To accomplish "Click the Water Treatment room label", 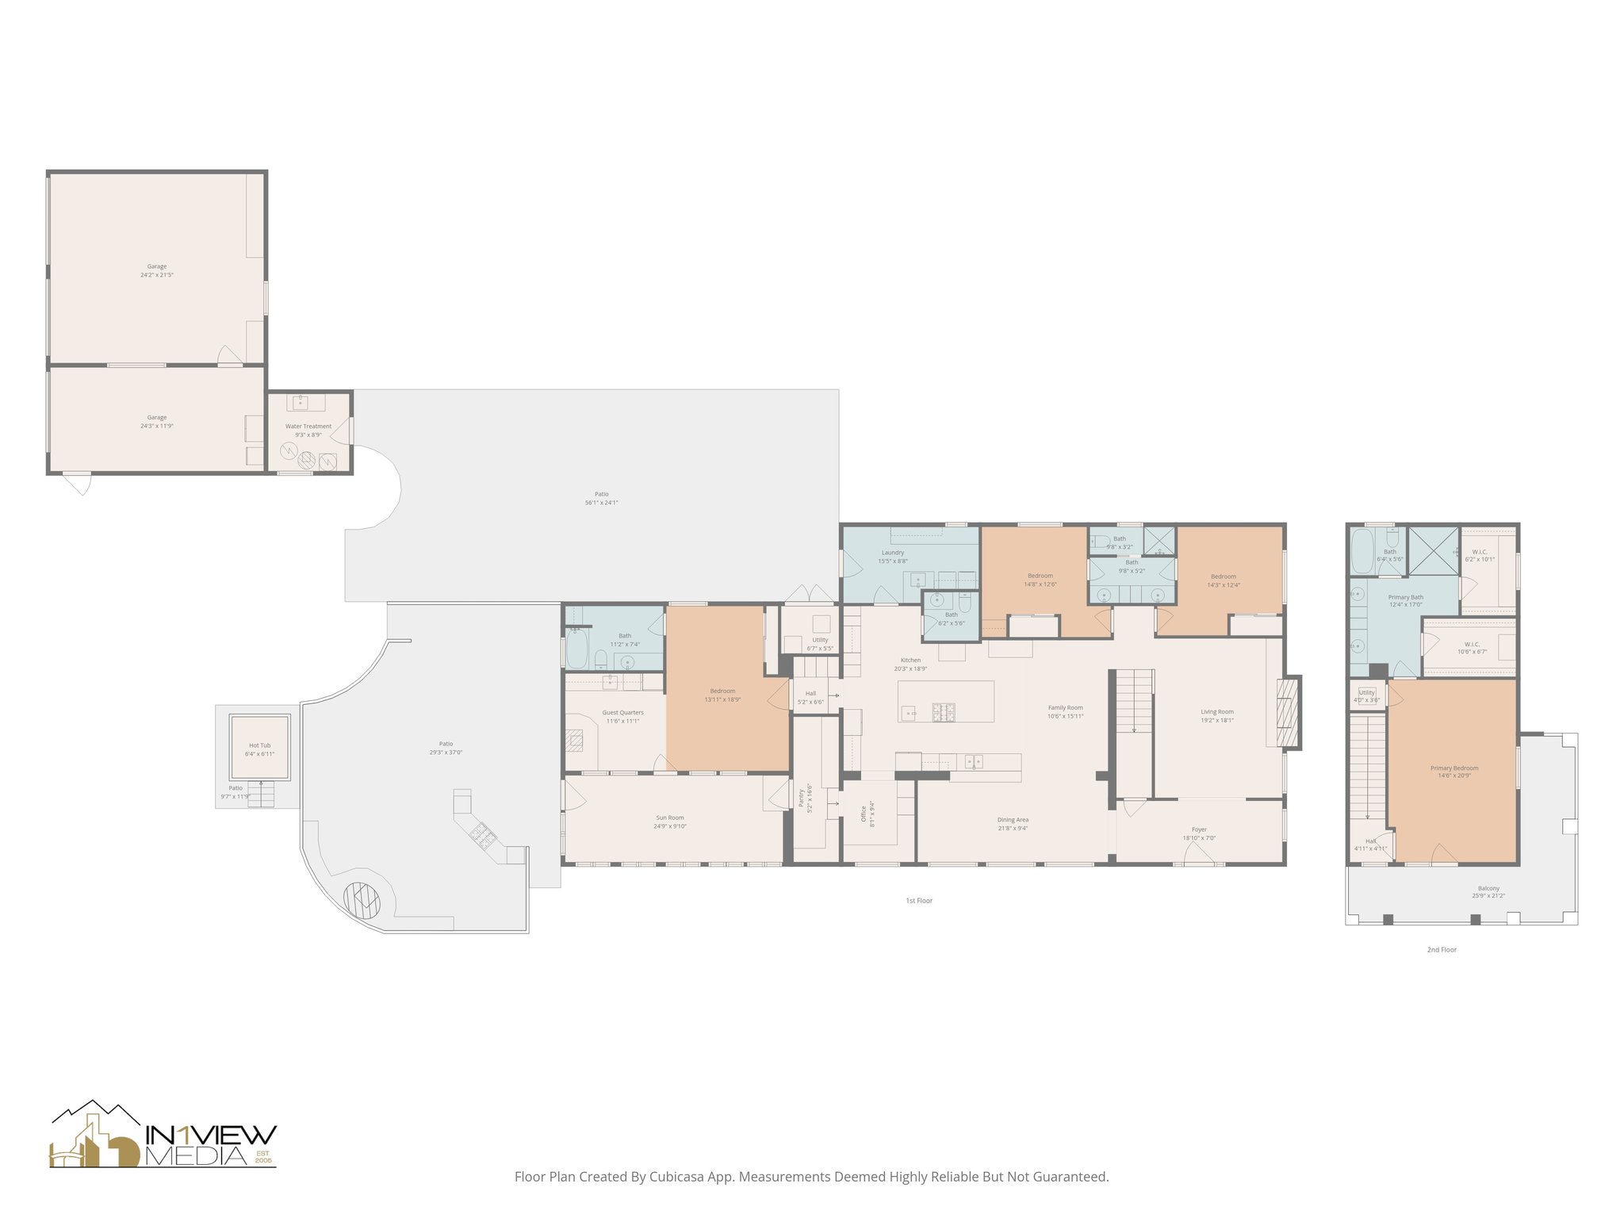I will (308, 426).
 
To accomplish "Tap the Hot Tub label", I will (259, 745).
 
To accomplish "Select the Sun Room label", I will (670, 818).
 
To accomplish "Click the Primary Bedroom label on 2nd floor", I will (1454, 768).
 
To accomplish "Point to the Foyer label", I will (1199, 829).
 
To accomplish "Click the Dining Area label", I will (1013, 820).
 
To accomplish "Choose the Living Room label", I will (1217, 712).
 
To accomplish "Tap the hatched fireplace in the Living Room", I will (1288, 712).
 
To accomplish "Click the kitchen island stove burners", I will (944, 710).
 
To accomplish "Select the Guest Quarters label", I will (622, 713).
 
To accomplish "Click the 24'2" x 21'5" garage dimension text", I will (157, 275).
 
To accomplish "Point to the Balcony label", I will (1488, 888).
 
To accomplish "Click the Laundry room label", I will (893, 553).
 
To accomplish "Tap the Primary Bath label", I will (1405, 597).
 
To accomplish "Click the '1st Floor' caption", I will (919, 901).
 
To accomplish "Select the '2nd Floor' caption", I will (1442, 949).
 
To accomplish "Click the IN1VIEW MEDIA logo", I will (163, 1136).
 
